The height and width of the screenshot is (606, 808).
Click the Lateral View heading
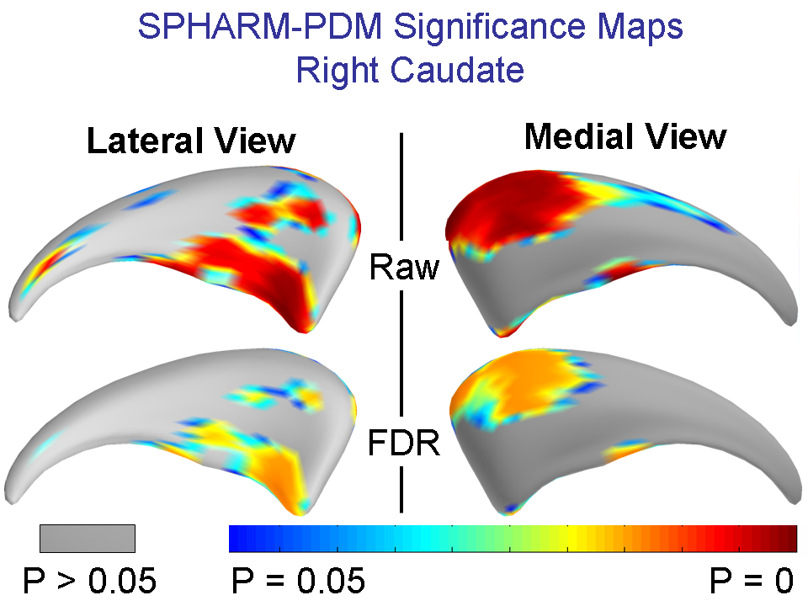point(191,141)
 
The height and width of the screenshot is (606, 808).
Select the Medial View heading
point(625,136)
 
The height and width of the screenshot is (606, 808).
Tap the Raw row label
point(404,268)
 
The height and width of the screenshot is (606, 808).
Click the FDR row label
point(404,443)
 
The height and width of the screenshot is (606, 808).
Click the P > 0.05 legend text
point(88,580)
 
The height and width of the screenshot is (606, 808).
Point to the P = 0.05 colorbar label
point(297,580)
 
